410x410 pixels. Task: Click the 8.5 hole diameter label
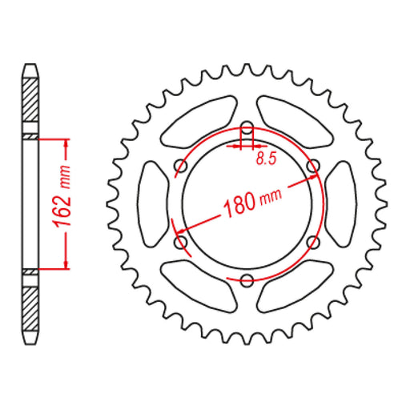[x=265, y=160]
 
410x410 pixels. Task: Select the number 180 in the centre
[x=238, y=203]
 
